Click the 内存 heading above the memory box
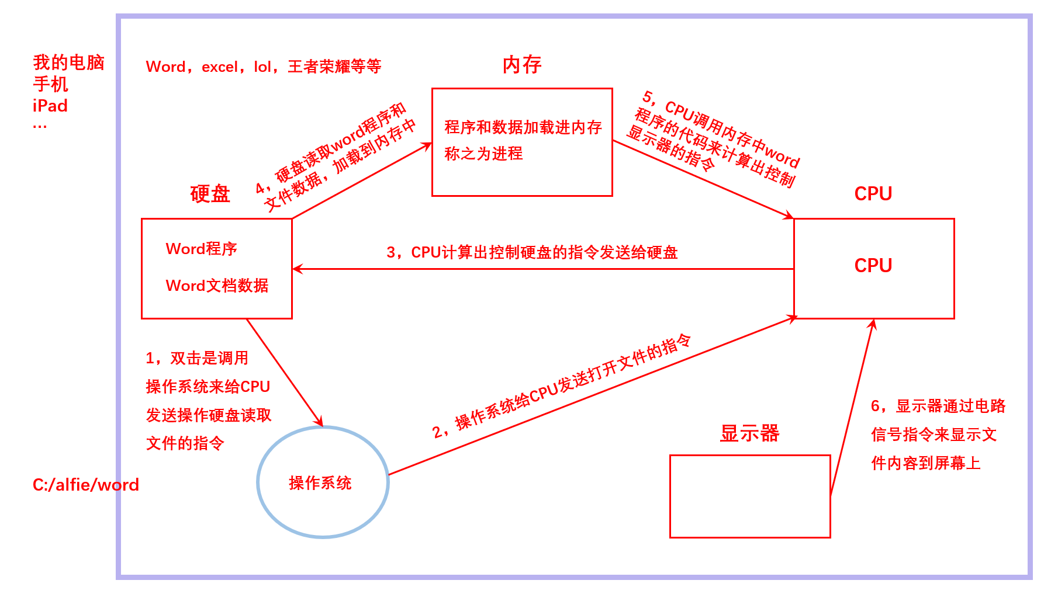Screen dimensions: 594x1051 522,65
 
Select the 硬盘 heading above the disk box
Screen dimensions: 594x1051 210,194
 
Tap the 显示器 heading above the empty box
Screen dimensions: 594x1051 749,433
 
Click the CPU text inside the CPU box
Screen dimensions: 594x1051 873,266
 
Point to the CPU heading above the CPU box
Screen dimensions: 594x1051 873,194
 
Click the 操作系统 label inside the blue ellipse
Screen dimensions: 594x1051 320,483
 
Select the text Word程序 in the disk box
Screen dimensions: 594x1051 202,249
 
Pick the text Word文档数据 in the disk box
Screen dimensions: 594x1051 217,286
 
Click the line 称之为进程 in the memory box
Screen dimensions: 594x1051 483,154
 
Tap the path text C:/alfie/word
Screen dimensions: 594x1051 86,485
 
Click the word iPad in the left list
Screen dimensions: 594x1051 50,106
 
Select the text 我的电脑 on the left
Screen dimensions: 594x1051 68,62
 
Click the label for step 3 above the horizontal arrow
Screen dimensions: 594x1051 532,252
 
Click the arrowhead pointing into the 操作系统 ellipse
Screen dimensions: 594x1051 319,422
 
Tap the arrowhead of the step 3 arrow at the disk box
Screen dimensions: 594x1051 297,269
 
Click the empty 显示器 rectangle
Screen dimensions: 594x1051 750,496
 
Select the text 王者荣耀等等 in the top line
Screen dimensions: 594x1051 334,67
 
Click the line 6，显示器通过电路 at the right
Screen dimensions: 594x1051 938,406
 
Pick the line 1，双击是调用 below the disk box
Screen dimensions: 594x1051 197,358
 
